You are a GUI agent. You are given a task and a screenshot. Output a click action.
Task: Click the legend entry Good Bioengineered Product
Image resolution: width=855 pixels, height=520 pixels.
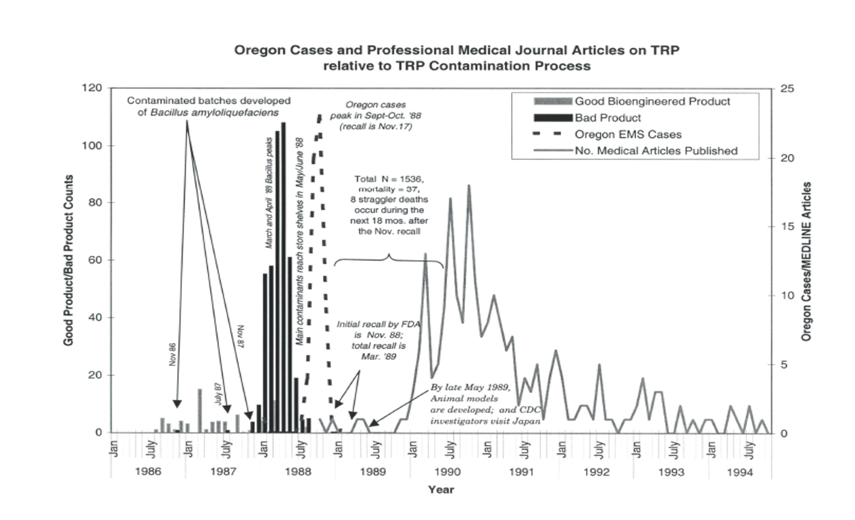[652, 102]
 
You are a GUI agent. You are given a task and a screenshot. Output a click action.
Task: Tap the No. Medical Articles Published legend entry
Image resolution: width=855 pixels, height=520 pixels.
[656, 151]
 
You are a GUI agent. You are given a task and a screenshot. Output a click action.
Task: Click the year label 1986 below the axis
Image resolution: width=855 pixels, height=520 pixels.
[148, 471]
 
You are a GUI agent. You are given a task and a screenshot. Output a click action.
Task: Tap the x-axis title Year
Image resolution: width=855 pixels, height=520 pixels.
[440, 490]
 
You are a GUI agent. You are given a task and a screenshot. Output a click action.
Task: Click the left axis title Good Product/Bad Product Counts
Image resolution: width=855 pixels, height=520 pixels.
[69, 260]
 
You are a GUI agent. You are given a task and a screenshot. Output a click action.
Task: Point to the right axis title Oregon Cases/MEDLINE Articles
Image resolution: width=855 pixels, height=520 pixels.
[806, 261]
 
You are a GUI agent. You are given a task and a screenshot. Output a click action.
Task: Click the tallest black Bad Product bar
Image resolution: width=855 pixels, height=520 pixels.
[283, 277]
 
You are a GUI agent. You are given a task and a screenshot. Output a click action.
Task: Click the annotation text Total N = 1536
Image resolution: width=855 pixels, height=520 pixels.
[389, 180]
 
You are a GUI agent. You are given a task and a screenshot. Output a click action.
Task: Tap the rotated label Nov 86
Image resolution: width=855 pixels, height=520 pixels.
[173, 355]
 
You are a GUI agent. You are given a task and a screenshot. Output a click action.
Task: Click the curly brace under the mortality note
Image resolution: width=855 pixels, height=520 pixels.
[389, 261]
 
